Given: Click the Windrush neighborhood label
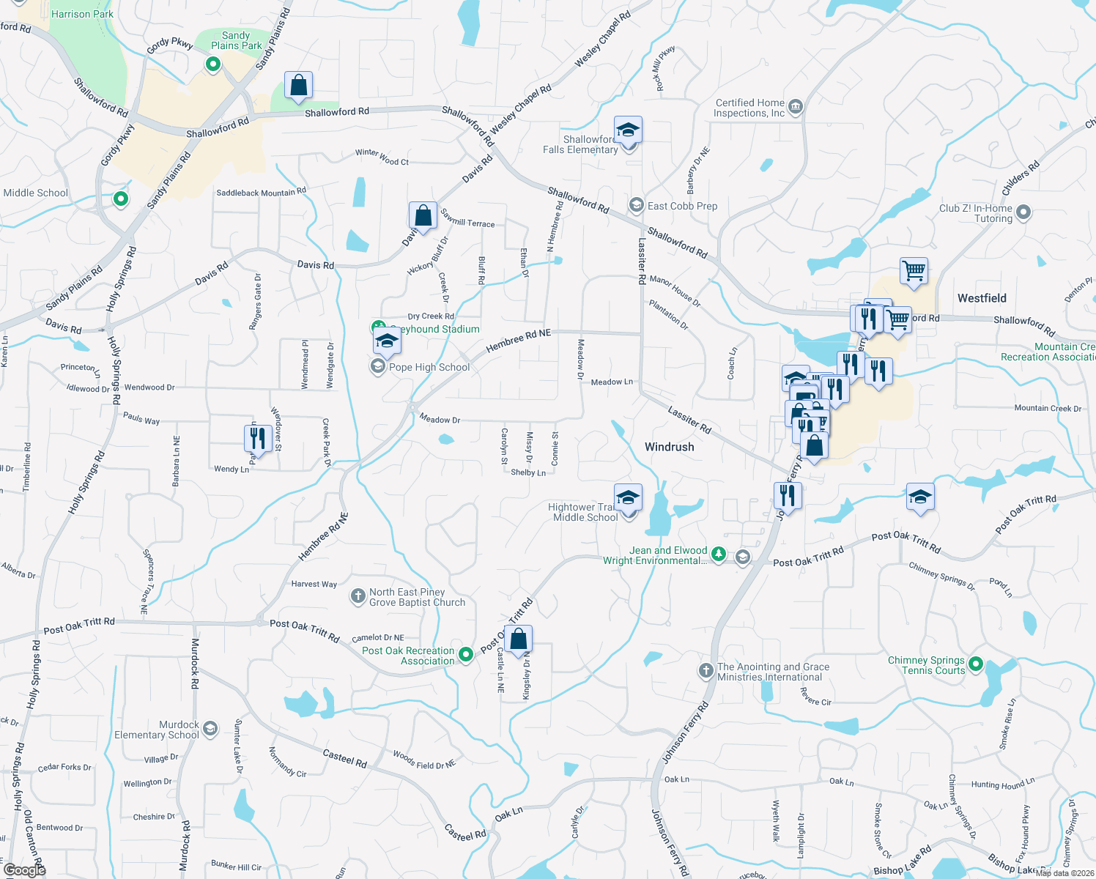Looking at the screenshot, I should [x=669, y=447].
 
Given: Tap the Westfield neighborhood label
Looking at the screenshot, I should [x=982, y=298].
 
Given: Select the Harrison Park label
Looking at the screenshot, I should [x=82, y=14].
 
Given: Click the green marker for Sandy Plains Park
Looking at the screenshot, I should [x=213, y=65].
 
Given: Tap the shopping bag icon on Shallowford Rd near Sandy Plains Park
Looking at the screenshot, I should [x=298, y=86].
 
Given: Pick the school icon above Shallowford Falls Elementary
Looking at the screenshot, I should [x=628, y=130].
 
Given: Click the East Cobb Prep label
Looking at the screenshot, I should [x=682, y=206].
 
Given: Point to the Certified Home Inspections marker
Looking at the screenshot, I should [x=796, y=107].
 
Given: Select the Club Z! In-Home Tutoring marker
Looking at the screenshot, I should [x=1023, y=212].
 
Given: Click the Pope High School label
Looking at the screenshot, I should [x=429, y=367].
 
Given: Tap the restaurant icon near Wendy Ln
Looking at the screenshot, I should [x=258, y=439].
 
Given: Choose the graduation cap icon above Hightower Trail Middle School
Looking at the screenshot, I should [x=628, y=498].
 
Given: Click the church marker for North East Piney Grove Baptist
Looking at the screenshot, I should [x=358, y=596].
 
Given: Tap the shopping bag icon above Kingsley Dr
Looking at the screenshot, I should [x=518, y=639].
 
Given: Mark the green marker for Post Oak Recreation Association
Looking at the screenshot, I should [x=466, y=653].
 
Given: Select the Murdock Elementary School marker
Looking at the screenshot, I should [x=210, y=729].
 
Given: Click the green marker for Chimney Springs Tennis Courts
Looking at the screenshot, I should [x=975, y=664].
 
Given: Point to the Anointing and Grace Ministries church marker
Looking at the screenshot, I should [x=706, y=670].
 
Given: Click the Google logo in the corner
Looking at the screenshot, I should [x=24, y=869].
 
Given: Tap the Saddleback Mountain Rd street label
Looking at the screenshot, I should [x=261, y=193].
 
